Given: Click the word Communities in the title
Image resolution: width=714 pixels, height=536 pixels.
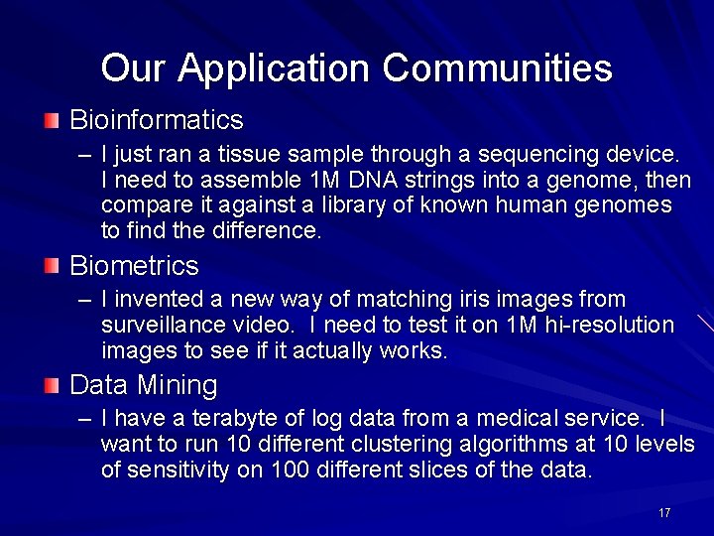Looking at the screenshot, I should [498, 68].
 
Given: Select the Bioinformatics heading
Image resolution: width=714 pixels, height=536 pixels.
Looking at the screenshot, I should [156, 120].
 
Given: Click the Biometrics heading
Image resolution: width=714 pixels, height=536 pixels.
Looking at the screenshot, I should [134, 266].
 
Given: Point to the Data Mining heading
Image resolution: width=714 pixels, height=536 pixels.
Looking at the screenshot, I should [143, 384].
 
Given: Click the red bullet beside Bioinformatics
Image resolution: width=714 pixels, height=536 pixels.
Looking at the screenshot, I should [52, 121].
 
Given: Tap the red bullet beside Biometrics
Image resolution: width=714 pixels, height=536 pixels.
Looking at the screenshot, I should [52, 266].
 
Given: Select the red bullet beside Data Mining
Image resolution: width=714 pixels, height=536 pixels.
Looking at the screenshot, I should [52, 385].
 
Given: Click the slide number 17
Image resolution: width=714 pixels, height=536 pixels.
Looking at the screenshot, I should [664, 513].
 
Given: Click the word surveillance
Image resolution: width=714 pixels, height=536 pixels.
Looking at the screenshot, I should [162, 325].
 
